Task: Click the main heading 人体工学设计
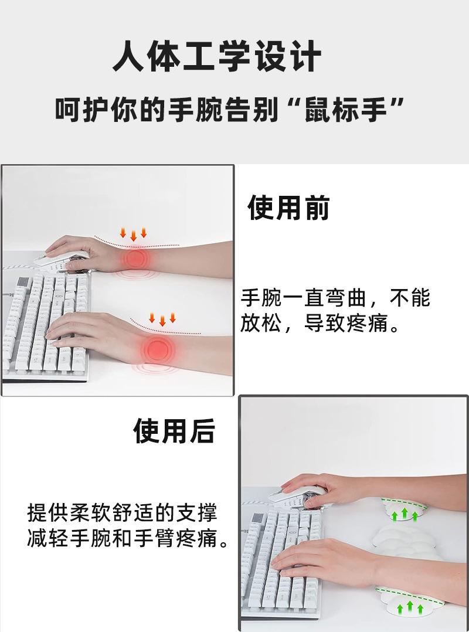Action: [x=217, y=56]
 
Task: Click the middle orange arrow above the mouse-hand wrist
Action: [x=133, y=235]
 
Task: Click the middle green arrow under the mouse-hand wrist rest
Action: [x=405, y=513]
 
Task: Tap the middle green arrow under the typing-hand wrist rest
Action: [x=410, y=606]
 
